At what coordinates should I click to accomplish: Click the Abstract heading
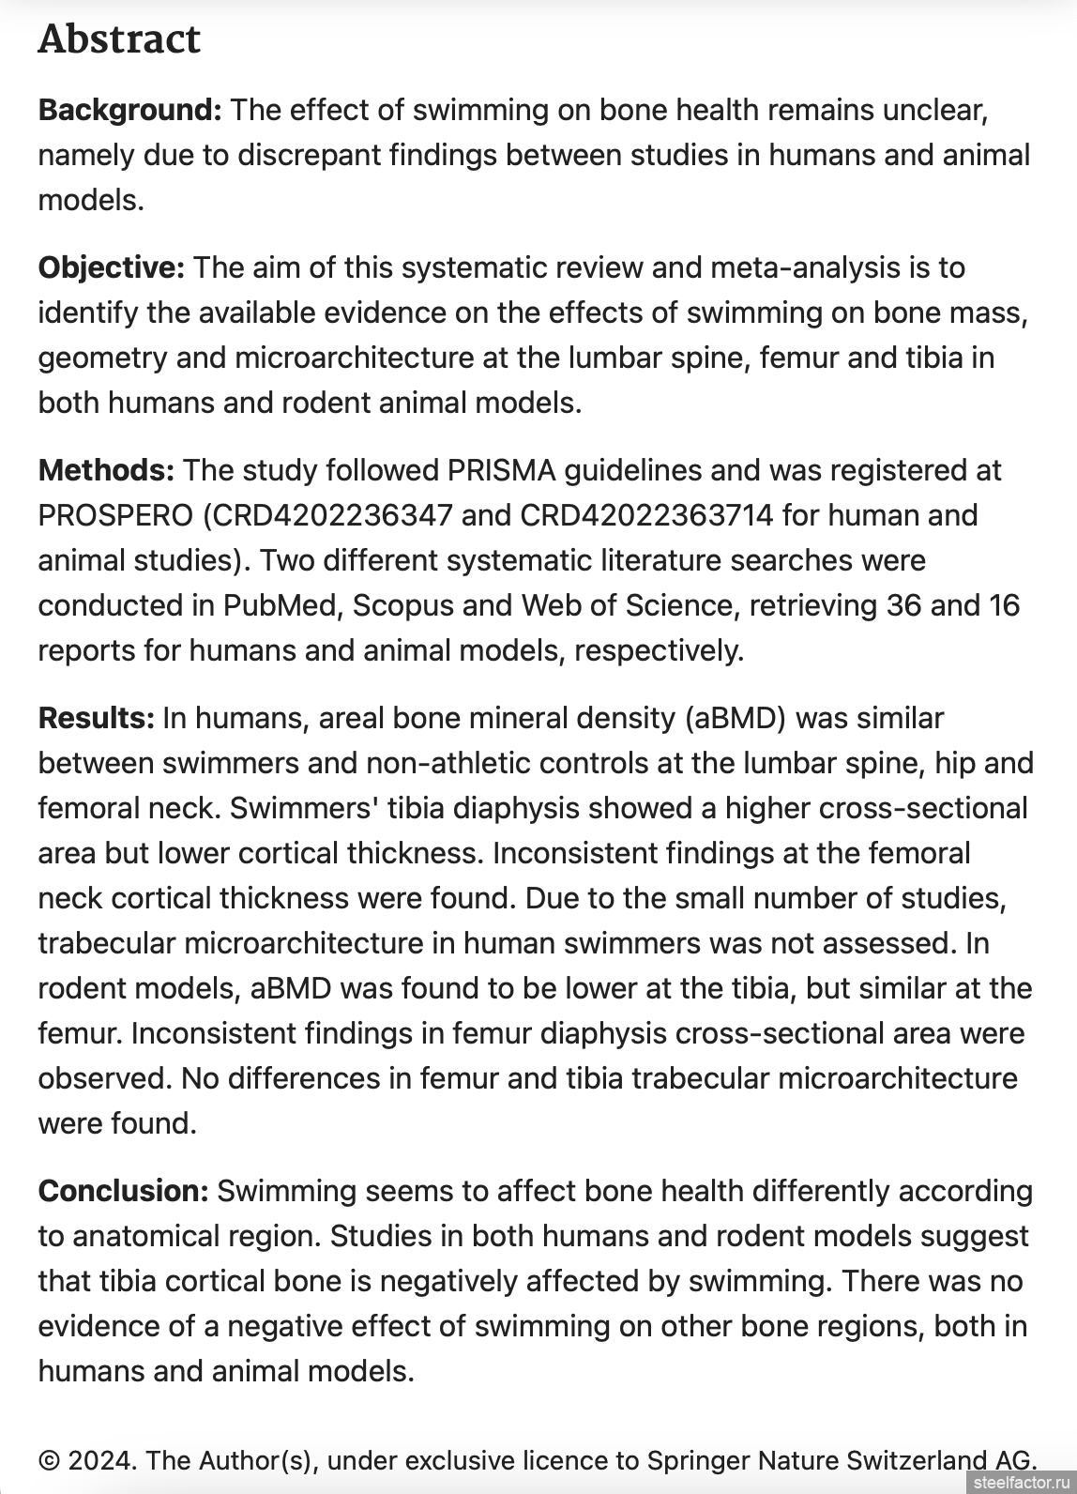pyautogui.click(x=119, y=39)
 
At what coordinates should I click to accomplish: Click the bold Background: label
pyautogui.click(x=129, y=110)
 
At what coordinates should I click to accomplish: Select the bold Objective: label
pyautogui.click(x=112, y=267)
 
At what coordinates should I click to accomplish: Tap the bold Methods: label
pyautogui.click(x=106, y=470)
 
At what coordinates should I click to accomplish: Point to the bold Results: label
pyautogui.click(x=96, y=718)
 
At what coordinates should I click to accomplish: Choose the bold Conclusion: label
pyautogui.click(x=123, y=1191)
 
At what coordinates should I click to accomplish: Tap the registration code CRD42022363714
pyautogui.click(x=646, y=515)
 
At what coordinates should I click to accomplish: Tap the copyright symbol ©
pyautogui.click(x=49, y=1461)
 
